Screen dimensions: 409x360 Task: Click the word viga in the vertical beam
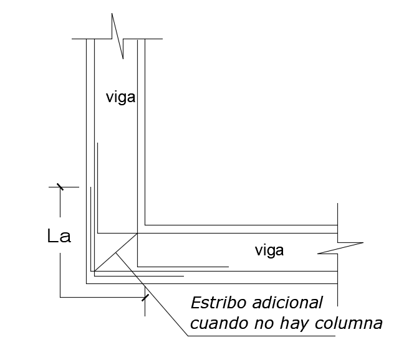120,98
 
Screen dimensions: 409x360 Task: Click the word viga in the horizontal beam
269,250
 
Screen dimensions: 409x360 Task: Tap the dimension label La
59,237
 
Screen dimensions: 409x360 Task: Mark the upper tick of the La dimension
60,186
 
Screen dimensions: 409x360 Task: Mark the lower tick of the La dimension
145,297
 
